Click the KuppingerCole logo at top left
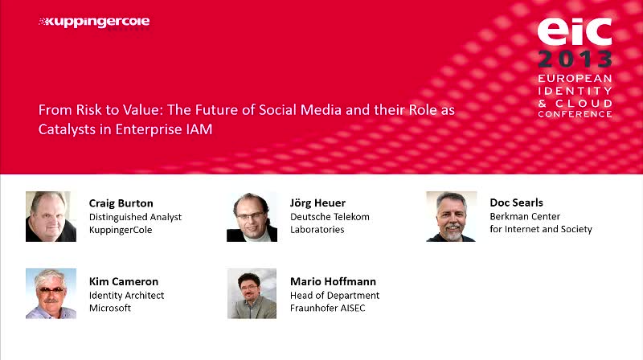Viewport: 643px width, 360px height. click(x=94, y=22)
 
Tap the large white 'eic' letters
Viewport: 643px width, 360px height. click(x=575, y=31)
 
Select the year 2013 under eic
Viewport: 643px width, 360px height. click(x=575, y=59)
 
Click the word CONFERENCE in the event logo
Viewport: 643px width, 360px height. click(x=575, y=114)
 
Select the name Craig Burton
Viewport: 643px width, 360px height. click(x=121, y=203)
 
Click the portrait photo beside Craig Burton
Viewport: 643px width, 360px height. click(x=51, y=216)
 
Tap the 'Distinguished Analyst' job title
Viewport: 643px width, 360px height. click(x=135, y=217)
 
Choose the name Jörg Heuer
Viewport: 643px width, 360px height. click(x=317, y=203)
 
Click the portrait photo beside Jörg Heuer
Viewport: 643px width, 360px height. click(x=252, y=216)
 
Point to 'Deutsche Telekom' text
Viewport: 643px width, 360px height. click(x=330, y=216)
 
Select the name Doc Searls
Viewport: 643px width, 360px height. click(x=516, y=202)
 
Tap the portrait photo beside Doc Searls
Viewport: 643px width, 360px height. click(x=451, y=216)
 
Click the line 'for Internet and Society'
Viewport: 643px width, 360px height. click(x=541, y=229)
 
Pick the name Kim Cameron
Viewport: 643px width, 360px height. click(x=124, y=282)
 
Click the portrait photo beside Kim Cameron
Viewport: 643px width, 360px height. click(x=51, y=293)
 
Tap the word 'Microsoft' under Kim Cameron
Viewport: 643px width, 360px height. click(x=110, y=308)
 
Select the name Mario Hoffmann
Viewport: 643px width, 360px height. click(x=333, y=282)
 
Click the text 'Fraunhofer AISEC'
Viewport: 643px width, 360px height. click(x=327, y=308)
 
